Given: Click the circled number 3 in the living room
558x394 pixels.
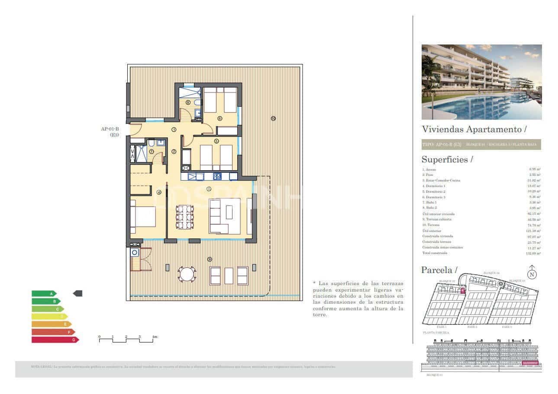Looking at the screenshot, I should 209,189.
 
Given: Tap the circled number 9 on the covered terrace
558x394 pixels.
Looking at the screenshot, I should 210,259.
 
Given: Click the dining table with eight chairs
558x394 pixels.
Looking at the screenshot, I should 184,217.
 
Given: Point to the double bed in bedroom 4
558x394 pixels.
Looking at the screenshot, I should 142,217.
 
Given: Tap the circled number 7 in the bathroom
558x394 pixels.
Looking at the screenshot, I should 152,152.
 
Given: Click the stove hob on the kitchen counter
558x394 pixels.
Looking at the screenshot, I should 217,176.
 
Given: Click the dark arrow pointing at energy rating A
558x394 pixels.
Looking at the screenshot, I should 77,294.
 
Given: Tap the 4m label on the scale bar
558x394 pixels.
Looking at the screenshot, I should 155,337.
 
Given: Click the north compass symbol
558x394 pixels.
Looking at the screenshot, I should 532,273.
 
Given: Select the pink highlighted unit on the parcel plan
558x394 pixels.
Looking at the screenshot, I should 462,291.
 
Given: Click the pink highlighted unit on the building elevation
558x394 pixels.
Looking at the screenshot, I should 530,363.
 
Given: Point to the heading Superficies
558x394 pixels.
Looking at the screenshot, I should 445,159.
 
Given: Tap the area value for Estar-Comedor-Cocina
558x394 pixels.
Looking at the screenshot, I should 535,180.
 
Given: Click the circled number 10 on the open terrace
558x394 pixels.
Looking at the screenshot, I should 273,118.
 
